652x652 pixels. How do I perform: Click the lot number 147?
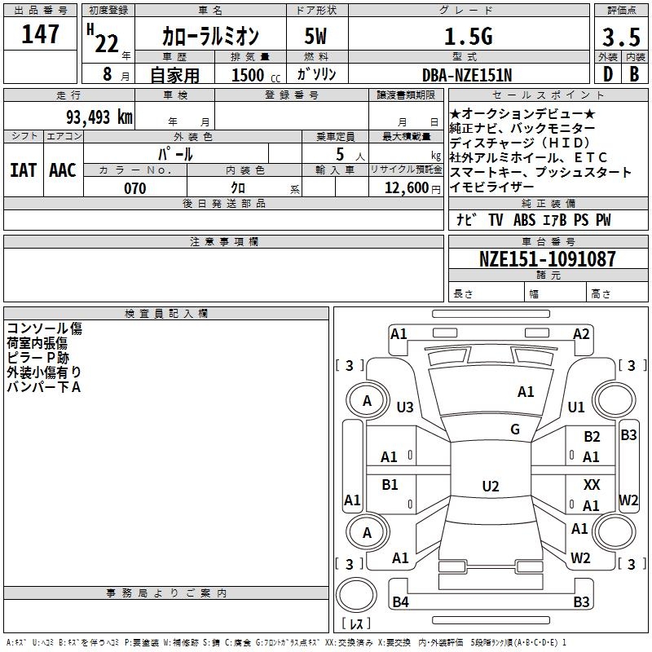pos(40,35)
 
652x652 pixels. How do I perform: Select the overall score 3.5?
pos(620,37)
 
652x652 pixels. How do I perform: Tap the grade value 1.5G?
pos(468,37)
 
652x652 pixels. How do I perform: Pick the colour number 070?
pos(134,188)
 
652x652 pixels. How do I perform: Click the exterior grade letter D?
pos(606,74)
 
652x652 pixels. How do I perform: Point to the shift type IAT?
pos(24,170)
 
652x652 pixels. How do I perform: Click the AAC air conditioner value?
pos(63,170)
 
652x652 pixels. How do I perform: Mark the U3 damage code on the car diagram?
pos(405,407)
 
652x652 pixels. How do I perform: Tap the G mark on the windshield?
pos(515,430)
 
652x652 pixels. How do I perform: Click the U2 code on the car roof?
pos(490,487)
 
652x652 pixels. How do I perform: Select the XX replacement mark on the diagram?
pos(592,484)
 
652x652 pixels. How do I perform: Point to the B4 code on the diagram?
pos(400,602)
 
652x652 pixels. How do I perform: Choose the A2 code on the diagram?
pos(581,333)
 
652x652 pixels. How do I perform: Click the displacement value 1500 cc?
pos(253,76)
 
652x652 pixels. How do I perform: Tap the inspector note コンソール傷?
pos(45,328)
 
